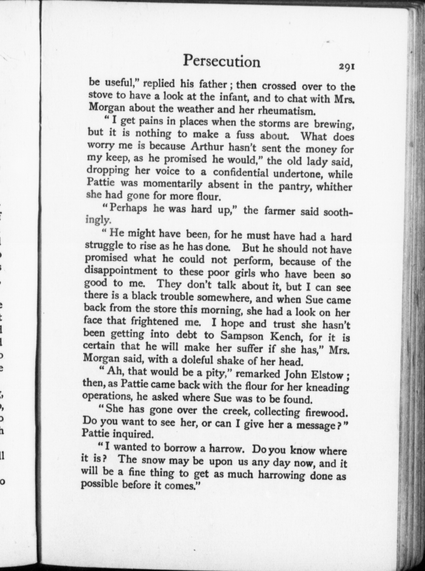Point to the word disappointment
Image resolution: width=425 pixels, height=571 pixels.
120,271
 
